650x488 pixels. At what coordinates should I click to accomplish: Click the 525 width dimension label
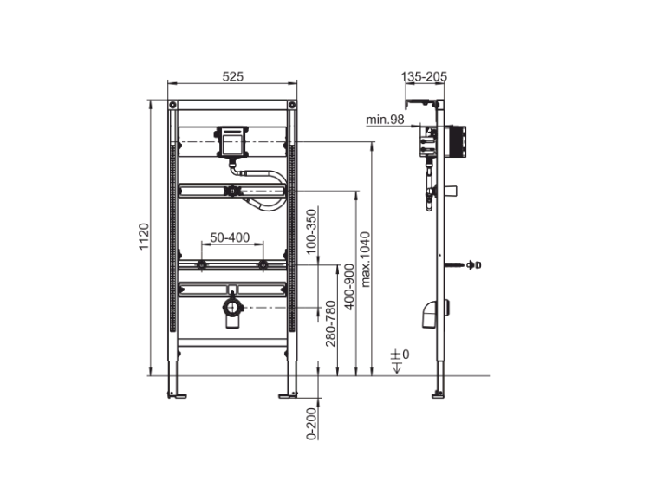click(x=232, y=76)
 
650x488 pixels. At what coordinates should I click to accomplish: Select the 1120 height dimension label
click(x=143, y=237)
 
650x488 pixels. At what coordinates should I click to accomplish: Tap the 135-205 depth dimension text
click(x=424, y=76)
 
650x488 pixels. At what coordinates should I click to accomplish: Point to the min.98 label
click(x=385, y=120)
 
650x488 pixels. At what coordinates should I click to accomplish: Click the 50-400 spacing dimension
click(x=230, y=237)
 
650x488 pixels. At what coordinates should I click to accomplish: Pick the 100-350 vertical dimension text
click(x=311, y=231)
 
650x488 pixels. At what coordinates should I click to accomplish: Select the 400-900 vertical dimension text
click(x=349, y=287)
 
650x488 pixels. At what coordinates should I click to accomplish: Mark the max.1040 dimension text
click(x=365, y=259)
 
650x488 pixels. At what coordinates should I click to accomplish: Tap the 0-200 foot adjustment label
click(x=311, y=424)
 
